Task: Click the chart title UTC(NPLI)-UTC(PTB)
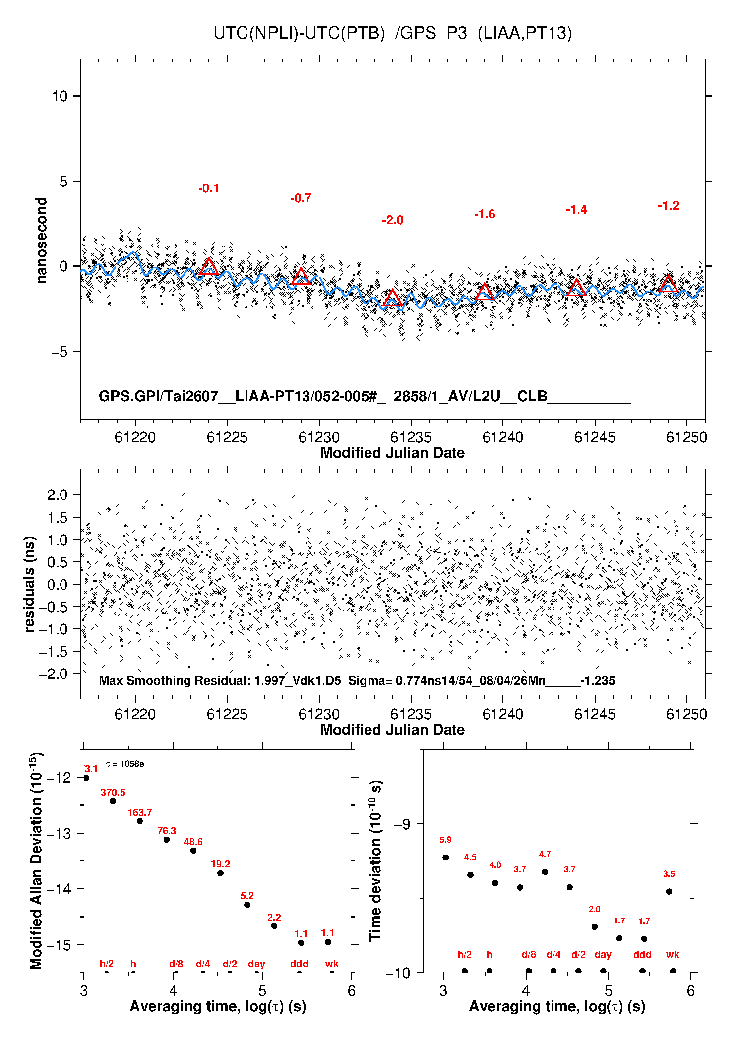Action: point(299,33)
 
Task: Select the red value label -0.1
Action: point(209,188)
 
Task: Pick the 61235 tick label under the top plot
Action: point(411,437)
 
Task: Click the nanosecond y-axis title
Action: point(42,241)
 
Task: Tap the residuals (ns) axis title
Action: point(30,584)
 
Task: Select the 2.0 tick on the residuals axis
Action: point(57,494)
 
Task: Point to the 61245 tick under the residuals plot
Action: point(595,714)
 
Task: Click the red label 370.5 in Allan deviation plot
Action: point(113,792)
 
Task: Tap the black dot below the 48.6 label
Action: point(193,851)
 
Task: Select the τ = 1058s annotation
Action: point(125,764)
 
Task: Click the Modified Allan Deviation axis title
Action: point(36,860)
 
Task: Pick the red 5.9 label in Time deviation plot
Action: point(445,840)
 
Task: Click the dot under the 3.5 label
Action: point(669,891)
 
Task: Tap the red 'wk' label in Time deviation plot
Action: point(673,954)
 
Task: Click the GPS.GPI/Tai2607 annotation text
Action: point(159,396)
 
